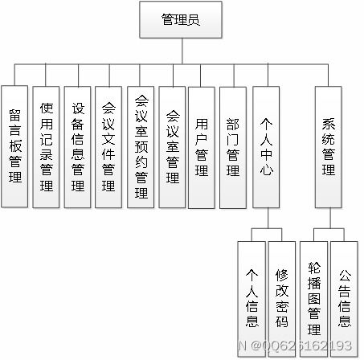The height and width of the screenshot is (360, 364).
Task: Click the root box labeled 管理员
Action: click(181, 20)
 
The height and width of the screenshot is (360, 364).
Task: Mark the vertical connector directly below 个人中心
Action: click(268, 219)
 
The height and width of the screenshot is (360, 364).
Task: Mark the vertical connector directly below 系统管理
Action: click(329, 219)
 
